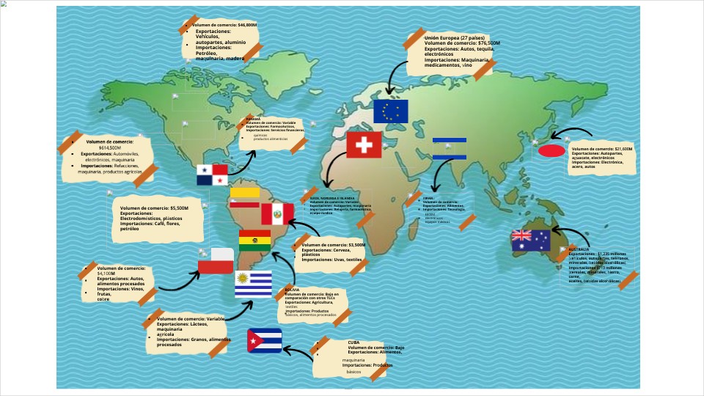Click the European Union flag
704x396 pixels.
click(x=390, y=111)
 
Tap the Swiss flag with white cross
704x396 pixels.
click(x=364, y=145)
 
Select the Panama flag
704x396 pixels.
click(x=212, y=175)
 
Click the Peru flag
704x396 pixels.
click(x=277, y=214)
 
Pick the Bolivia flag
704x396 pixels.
click(x=254, y=240)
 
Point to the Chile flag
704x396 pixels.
click(x=216, y=261)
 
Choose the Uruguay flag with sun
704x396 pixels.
click(x=253, y=284)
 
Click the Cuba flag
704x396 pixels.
click(x=265, y=340)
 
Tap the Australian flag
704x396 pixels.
click(x=531, y=241)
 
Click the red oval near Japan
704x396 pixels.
click(x=551, y=151)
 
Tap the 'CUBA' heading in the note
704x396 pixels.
click(x=355, y=342)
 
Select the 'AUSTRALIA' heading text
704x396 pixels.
click(x=579, y=249)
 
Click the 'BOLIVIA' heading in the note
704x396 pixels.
click(x=292, y=290)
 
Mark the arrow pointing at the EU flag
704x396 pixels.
click(x=395, y=76)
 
